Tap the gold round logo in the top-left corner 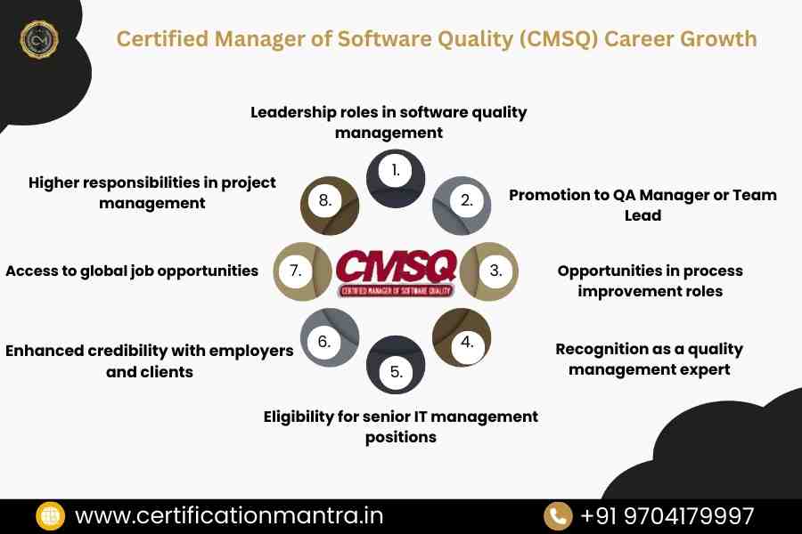click(39, 39)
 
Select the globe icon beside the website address click(50, 516)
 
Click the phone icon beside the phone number click(559, 516)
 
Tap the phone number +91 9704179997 click(667, 516)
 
